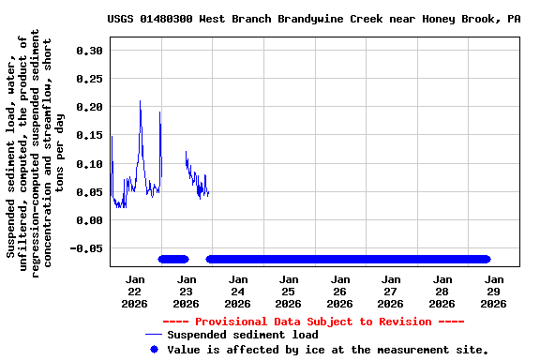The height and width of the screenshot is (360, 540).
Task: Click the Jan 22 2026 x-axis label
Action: pyautogui.click(x=135, y=291)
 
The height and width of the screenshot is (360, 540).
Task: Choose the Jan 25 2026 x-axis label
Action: pyautogui.click(x=289, y=291)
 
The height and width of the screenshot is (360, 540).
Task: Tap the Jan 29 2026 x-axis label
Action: pyautogui.click(x=493, y=291)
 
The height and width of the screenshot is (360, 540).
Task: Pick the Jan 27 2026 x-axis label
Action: pyautogui.click(x=391, y=291)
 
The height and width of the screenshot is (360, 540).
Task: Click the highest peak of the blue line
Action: pyautogui.click(x=141, y=101)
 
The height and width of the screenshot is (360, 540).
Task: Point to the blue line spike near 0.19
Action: pyautogui.click(x=159, y=112)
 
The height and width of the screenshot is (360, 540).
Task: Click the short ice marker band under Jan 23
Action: pyautogui.click(x=173, y=259)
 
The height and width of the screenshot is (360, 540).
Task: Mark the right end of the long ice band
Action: pyautogui.click(x=487, y=259)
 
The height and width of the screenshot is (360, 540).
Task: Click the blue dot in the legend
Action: pyautogui.click(x=154, y=349)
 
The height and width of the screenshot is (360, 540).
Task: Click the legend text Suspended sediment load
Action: pyautogui.click(x=243, y=335)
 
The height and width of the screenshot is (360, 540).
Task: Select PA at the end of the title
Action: pyautogui.click(x=513, y=18)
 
